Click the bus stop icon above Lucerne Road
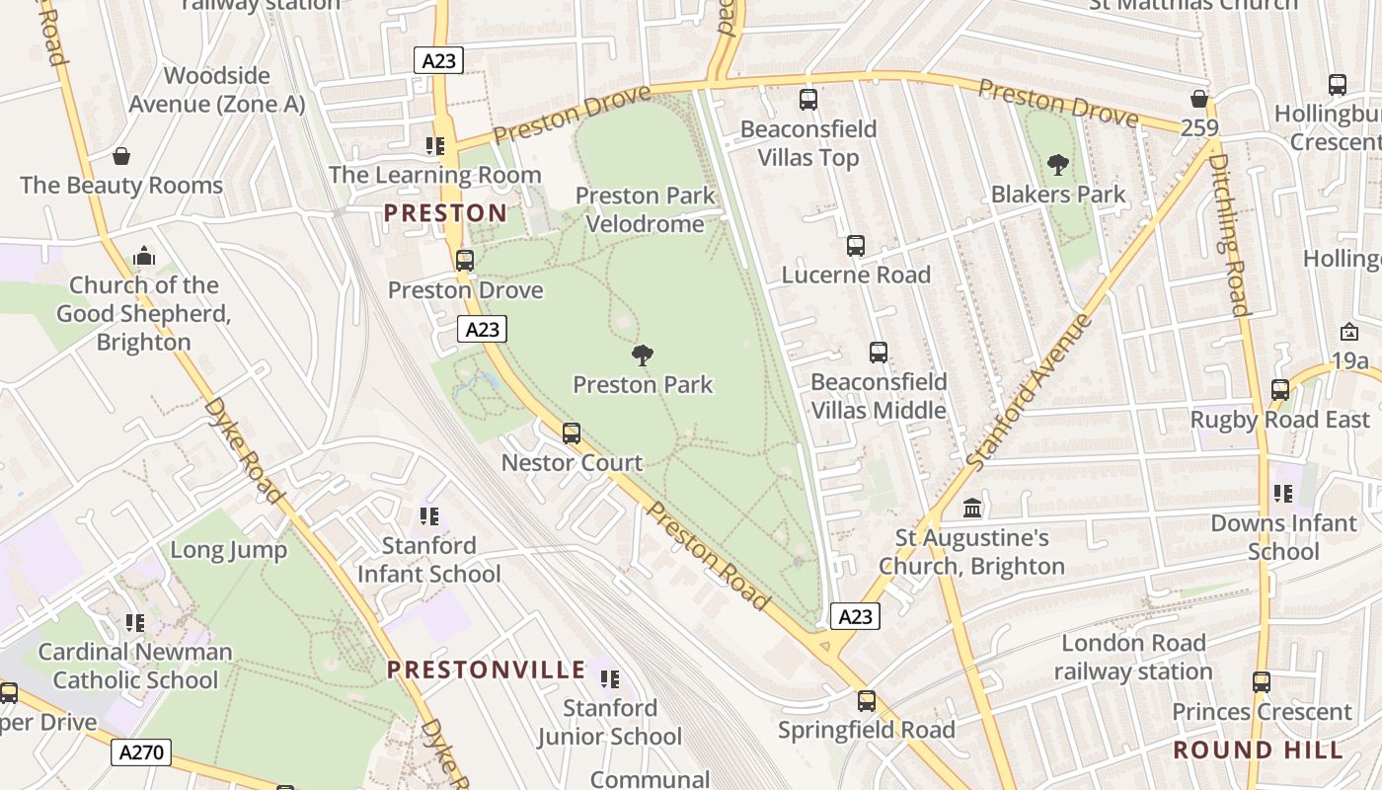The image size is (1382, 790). click(856, 246)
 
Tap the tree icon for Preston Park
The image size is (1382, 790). click(643, 355)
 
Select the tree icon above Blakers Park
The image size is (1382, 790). click(1058, 165)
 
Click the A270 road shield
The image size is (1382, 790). click(140, 753)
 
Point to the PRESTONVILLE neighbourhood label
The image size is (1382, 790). click(487, 670)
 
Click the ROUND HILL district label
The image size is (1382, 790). click(1259, 750)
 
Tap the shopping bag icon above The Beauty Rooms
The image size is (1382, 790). click(121, 156)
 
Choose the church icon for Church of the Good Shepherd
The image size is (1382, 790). click(144, 257)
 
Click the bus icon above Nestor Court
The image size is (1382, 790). click(572, 434)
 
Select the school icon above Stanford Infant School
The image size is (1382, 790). click(428, 516)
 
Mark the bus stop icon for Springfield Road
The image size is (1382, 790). click(866, 701)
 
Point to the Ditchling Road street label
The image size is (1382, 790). click(1227, 234)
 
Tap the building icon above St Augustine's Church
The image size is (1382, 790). click(972, 509)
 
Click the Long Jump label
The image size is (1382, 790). click(229, 550)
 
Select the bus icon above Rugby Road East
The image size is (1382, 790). click(1280, 390)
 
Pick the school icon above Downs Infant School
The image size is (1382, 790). click(1283, 494)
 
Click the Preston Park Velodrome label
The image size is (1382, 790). click(645, 209)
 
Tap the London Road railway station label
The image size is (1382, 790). click(1132, 658)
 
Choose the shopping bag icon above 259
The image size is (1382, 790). click(1199, 99)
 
